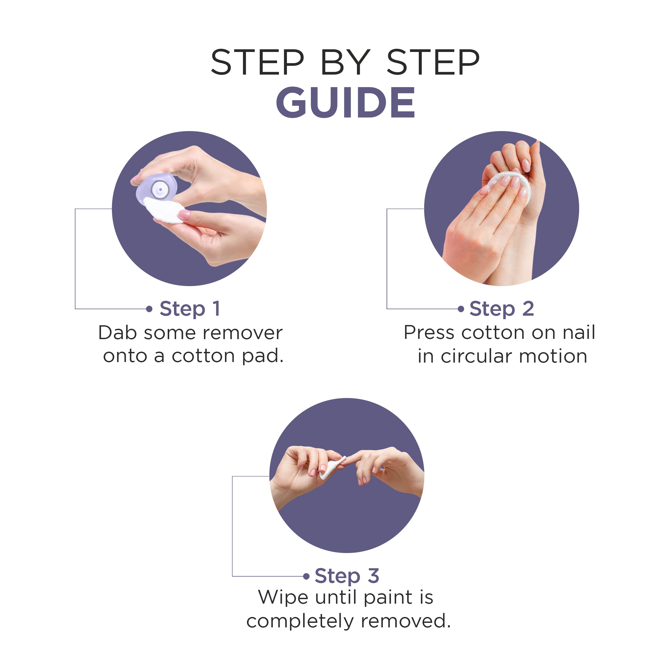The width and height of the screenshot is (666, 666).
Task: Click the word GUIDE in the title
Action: pyautogui.click(x=346, y=102)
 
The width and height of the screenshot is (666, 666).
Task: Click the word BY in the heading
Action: pyautogui.click(x=346, y=62)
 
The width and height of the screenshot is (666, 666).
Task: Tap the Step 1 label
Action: pyautogui.click(x=190, y=309)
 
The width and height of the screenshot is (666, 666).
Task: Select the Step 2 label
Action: pyautogui.click(x=502, y=309)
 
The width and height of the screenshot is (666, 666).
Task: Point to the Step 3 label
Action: pyautogui.click(x=347, y=576)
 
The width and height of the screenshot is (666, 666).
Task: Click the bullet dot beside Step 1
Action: pyautogui.click(x=149, y=309)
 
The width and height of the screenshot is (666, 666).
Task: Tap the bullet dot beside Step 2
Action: pyautogui.click(x=461, y=309)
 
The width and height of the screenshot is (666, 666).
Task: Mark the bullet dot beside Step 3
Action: pyautogui.click(x=306, y=576)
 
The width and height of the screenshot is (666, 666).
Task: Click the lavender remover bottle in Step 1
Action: pyautogui.click(x=157, y=190)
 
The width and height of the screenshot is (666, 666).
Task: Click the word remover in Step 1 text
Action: pyautogui.click(x=243, y=333)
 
